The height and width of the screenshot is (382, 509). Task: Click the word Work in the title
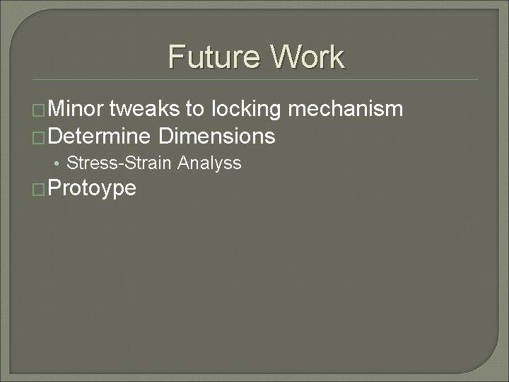[304, 57]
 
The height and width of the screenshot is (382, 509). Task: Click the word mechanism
[346, 110]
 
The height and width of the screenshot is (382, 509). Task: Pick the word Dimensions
[217, 136]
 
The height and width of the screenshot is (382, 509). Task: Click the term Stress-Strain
[119, 163]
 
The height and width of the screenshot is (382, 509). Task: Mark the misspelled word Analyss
[210, 164]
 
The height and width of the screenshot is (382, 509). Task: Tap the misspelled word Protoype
[92, 188]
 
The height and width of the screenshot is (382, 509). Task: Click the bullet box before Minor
[40, 110]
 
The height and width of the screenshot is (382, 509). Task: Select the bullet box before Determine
[40, 137]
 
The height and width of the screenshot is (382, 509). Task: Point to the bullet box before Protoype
[40, 189]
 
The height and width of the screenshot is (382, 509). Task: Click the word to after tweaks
[192, 110]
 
